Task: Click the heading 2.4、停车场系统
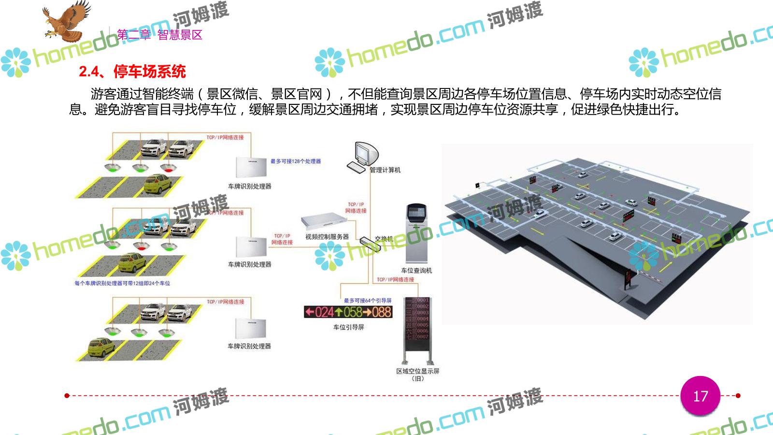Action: tap(132, 72)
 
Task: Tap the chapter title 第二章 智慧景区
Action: tap(159, 35)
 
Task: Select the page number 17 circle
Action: tap(700, 396)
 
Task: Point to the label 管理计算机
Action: tap(385, 170)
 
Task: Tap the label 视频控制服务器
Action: tap(327, 237)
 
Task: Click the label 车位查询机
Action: tap(416, 271)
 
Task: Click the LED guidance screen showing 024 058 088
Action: tap(348, 312)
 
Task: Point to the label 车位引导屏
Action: tap(348, 327)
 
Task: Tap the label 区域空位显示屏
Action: tap(417, 371)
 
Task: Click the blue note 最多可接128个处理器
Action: tap(295, 161)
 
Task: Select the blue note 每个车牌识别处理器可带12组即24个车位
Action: tap(122, 283)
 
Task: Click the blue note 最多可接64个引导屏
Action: tap(368, 301)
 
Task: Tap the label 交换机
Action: tap(384, 239)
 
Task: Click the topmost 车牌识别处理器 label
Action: tap(250, 186)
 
